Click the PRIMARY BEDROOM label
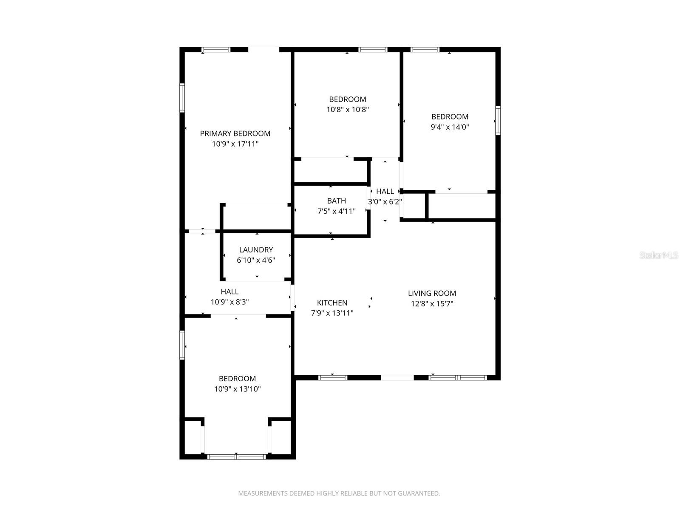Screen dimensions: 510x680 [235, 133]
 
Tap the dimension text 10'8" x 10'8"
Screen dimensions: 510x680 [347, 110]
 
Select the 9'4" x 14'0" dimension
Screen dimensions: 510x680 [450, 127]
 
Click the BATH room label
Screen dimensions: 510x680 [336, 201]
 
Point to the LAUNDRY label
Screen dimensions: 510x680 [256, 250]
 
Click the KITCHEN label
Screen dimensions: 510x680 [332, 303]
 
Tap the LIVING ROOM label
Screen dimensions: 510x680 [432, 293]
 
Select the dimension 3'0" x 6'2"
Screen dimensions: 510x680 [385, 201]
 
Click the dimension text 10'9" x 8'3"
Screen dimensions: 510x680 [229, 302]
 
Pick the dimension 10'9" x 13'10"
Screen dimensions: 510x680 [237, 389]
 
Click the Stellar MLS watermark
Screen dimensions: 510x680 [659, 255]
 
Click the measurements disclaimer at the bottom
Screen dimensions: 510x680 [339, 493]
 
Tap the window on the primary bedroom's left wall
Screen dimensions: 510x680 [182, 98]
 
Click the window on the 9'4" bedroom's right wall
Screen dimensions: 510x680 [498, 121]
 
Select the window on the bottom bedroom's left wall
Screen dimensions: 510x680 [182, 345]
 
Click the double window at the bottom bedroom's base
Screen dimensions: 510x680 [236, 457]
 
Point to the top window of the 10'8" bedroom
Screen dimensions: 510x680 [373, 50]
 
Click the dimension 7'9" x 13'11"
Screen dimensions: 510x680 [332, 313]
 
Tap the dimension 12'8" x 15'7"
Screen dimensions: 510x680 [432, 304]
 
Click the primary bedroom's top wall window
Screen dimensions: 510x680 [216, 50]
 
